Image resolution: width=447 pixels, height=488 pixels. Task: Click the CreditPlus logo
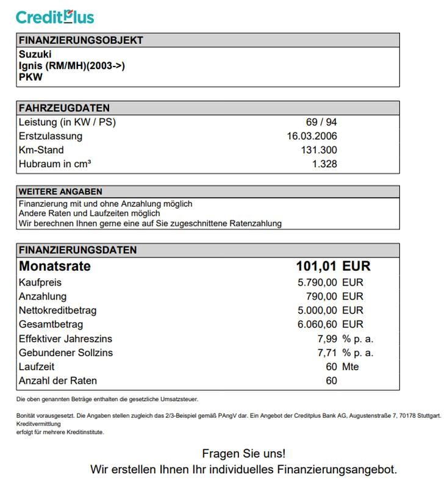55,16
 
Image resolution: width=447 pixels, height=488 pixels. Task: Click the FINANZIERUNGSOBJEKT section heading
81,40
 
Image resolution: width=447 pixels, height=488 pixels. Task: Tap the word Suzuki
35,54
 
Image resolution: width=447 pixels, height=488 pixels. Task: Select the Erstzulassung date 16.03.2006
312,136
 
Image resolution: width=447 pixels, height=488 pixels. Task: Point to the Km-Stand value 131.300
319,150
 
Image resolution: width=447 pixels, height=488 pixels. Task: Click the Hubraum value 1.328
324,163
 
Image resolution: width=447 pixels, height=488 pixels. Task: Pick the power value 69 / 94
321,122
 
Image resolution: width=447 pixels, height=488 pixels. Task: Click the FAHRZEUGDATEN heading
65,108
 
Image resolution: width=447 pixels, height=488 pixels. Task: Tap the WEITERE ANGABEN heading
60,192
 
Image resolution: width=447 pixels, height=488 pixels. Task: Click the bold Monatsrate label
55,267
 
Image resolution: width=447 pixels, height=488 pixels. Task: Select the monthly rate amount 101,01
316,267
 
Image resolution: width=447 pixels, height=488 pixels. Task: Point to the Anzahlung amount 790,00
321,296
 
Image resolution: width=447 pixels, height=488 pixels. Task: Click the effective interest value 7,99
327,339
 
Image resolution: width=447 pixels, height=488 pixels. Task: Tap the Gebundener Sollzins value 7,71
327,353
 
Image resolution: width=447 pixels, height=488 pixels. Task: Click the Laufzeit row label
37,367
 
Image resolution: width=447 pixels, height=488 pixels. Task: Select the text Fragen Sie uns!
243,454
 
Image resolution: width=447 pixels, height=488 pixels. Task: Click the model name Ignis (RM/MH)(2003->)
72,66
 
